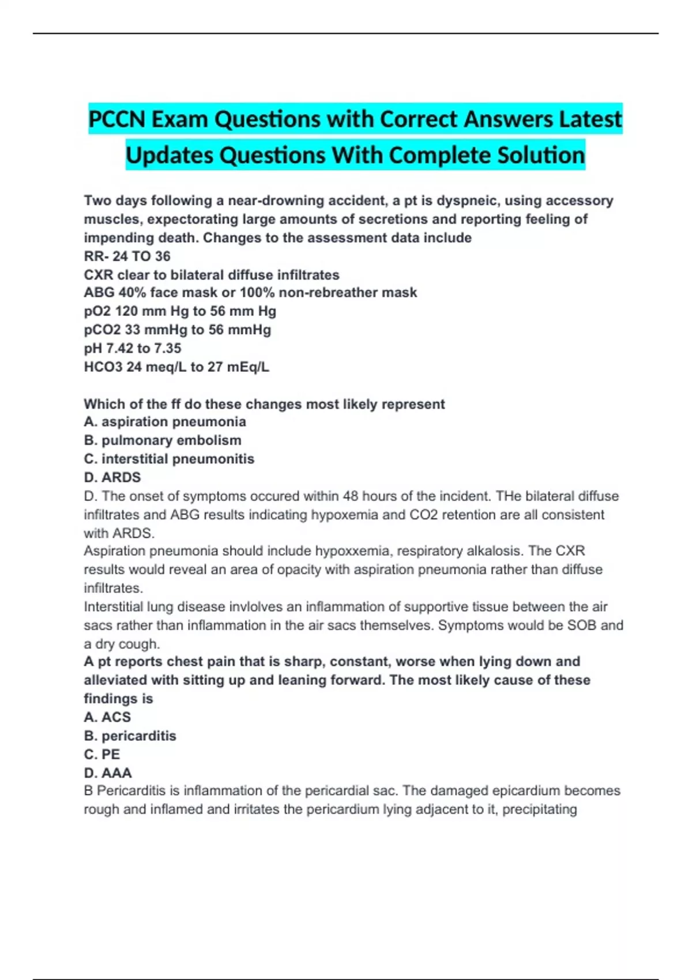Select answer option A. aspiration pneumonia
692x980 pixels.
[x=165, y=422]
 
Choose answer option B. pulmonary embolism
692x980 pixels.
[x=163, y=440]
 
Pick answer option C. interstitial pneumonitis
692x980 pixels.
[x=169, y=459]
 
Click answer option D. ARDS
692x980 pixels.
[x=112, y=477]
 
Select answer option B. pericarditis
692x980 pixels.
[x=130, y=736]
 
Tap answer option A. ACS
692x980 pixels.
[x=107, y=717]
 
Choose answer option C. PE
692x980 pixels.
[x=102, y=754]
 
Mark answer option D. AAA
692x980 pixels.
[x=108, y=772]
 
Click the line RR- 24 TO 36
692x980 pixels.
[x=127, y=256]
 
